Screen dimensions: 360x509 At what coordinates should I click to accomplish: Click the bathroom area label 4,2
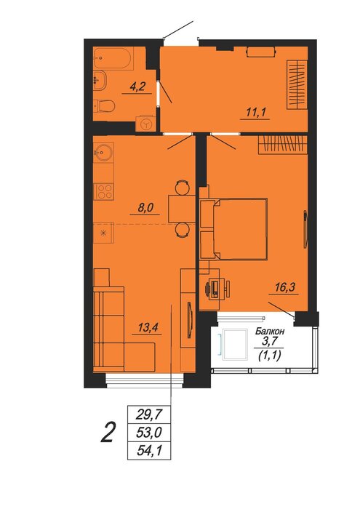click(x=137, y=87)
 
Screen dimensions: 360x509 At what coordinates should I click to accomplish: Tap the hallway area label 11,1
click(x=256, y=113)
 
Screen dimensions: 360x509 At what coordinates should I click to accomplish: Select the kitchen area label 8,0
click(x=145, y=207)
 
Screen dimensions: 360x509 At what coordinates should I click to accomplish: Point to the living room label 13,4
click(x=148, y=327)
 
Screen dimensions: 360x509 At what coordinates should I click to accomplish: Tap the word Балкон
click(x=270, y=332)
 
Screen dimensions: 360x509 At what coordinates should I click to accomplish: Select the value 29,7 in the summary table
click(x=148, y=414)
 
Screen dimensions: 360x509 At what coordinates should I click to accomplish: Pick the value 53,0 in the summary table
click(x=148, y=433)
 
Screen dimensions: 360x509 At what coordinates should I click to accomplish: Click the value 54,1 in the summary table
click(x=148, y=451)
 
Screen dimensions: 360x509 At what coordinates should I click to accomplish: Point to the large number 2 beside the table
click(x=108, y=433)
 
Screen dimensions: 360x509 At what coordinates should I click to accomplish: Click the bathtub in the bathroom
click(x=113, y=58)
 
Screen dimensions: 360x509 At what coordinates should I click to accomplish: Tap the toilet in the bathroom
click(x=105, y=106)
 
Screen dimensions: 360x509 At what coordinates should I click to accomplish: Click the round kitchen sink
click(x=103, y=151)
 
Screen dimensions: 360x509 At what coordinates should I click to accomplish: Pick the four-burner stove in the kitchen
click(x=103, y=191)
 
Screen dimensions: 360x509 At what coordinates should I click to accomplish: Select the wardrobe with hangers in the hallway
click(x=297, y=84)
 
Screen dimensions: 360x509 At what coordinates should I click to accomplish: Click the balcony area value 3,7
click(x=270, y=341)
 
